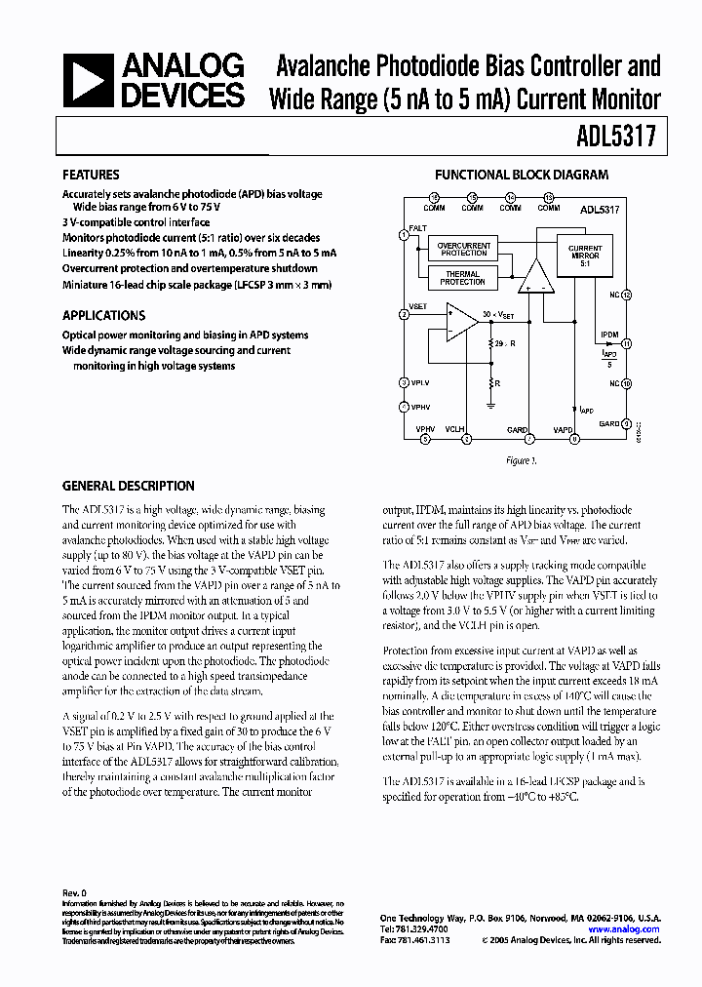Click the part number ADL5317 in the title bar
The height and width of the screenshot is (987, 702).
coord(623,138)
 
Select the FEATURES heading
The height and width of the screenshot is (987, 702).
coord(91,176)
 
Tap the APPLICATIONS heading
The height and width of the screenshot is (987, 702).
coord(103,315)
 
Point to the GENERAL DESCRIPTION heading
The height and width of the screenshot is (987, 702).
coord(128,486)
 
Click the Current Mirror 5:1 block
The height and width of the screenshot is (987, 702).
coord(585,254)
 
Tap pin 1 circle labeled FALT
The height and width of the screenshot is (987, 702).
coord(404,235)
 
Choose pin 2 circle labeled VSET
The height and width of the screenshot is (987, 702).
coord(404,314)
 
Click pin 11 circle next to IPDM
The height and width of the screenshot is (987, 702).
coord(626,343)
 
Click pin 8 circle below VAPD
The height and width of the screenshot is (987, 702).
coord(574,440)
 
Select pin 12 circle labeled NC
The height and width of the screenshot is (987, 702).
coord(626,294)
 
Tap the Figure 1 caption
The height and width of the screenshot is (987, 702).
coord(521,460)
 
